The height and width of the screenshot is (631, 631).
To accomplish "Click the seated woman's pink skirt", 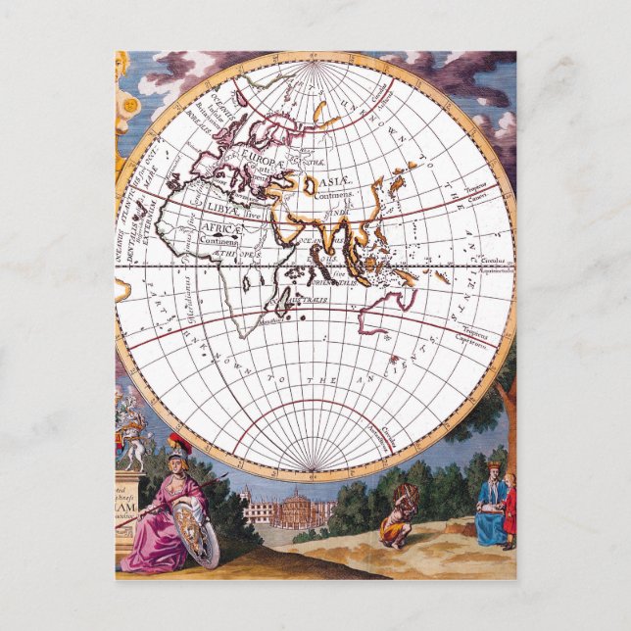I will [157, 544].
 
